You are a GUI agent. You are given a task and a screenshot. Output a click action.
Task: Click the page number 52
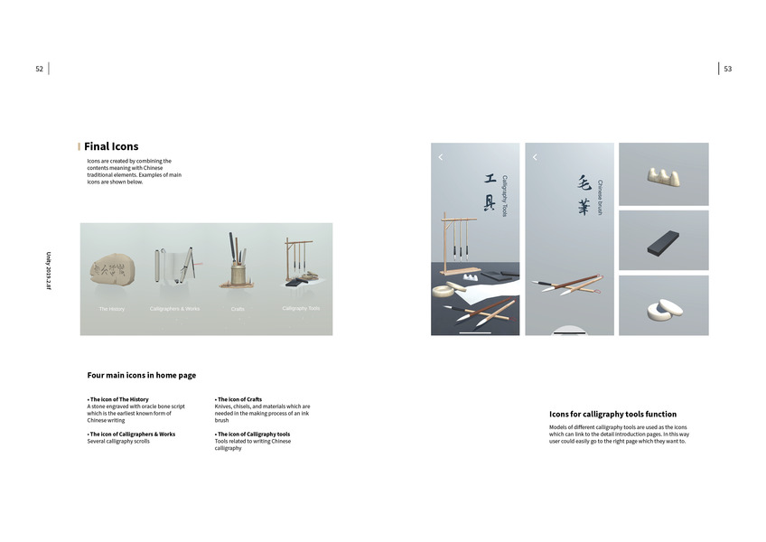(x=39, y=69)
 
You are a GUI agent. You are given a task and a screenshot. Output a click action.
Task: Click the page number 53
(x=727, y=69)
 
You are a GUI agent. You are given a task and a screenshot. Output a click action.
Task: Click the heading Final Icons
(x=111, y=146)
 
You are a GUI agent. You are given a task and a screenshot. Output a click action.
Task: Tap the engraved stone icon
(x=112, y=267)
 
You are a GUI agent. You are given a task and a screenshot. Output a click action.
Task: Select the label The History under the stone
(x=112, y=309)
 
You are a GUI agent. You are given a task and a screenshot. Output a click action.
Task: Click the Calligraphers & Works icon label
(x=174, y=309)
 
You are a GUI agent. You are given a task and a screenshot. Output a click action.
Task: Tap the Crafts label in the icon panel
(x=238, y=309)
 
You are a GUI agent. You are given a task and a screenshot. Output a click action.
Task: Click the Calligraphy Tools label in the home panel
(x=301, y=308)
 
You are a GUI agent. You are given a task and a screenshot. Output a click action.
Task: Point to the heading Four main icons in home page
(x=141, y=375)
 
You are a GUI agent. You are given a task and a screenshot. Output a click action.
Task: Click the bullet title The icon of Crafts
(x=239, y=399)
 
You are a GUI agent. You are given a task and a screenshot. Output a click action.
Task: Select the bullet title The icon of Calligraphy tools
(x=252, y=435)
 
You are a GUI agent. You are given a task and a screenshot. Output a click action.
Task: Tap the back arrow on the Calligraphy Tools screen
(x=441, y=157)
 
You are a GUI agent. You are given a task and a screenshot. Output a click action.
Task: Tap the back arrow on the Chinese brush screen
(x=535, y=157)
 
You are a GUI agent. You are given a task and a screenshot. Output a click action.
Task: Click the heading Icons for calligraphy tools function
(x=612, y=415)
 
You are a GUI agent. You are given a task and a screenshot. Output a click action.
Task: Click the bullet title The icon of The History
(x=118, y=399)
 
